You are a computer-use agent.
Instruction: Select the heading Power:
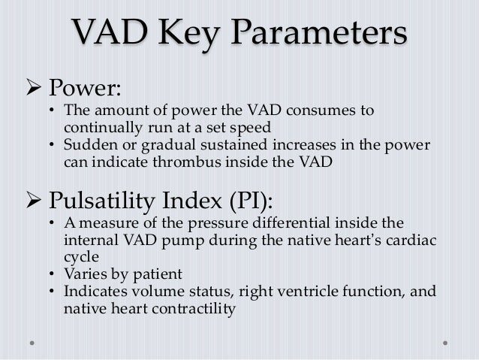[x=83, y=89]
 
